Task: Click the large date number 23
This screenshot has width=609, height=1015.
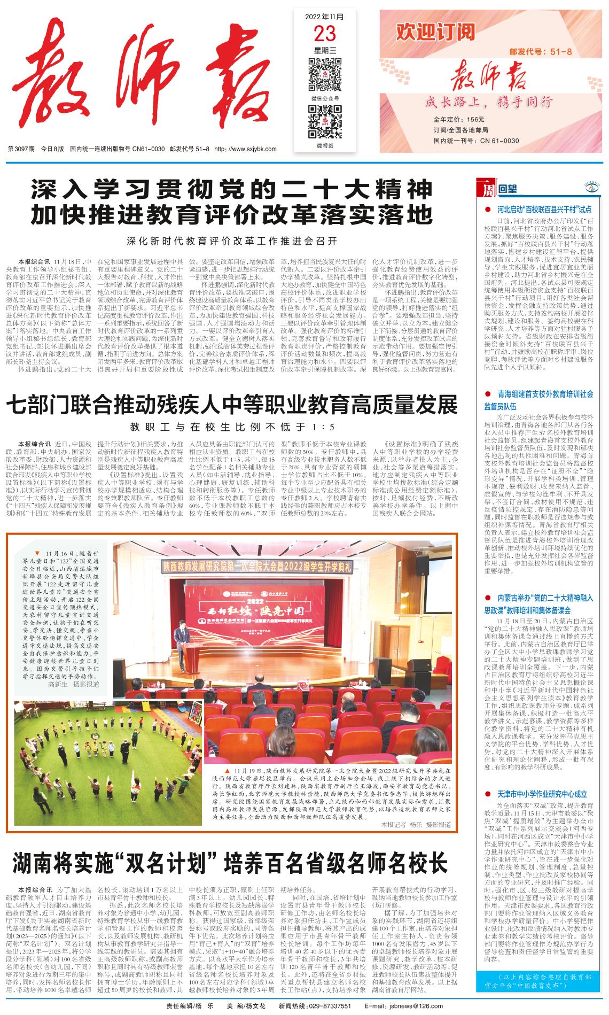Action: tap(325, 33)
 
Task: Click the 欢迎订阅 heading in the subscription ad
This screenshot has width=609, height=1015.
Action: tap(435, 33)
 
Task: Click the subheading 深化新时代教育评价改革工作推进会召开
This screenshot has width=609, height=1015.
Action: tap(232, 240)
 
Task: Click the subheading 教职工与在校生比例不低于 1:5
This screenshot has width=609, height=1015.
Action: tap(231, 427)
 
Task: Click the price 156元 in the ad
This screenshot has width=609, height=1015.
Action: tap(474, 119)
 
